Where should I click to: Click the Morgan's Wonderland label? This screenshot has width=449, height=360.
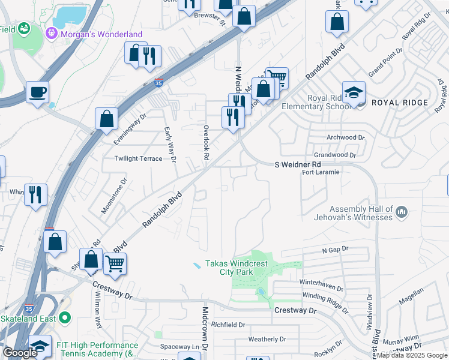point(101,34)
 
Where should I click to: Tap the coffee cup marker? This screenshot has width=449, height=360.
point(37,92)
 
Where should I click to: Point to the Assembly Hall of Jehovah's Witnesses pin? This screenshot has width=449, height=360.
point(402,212)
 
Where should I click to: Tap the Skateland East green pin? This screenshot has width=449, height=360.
point(65,317)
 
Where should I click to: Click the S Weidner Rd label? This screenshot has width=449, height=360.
point(297,164)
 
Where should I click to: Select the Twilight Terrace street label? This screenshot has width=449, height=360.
point(139,158)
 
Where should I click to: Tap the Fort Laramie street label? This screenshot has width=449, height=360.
point(321,172)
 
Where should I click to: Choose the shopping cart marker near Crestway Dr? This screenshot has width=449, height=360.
point(115,263)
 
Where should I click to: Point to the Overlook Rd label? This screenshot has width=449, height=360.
point(205,142)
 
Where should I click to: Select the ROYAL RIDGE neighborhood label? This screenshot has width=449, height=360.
point(400,103)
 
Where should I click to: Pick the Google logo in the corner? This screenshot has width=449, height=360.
point(20,353)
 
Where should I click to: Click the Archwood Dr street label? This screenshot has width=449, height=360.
point(345,137)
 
